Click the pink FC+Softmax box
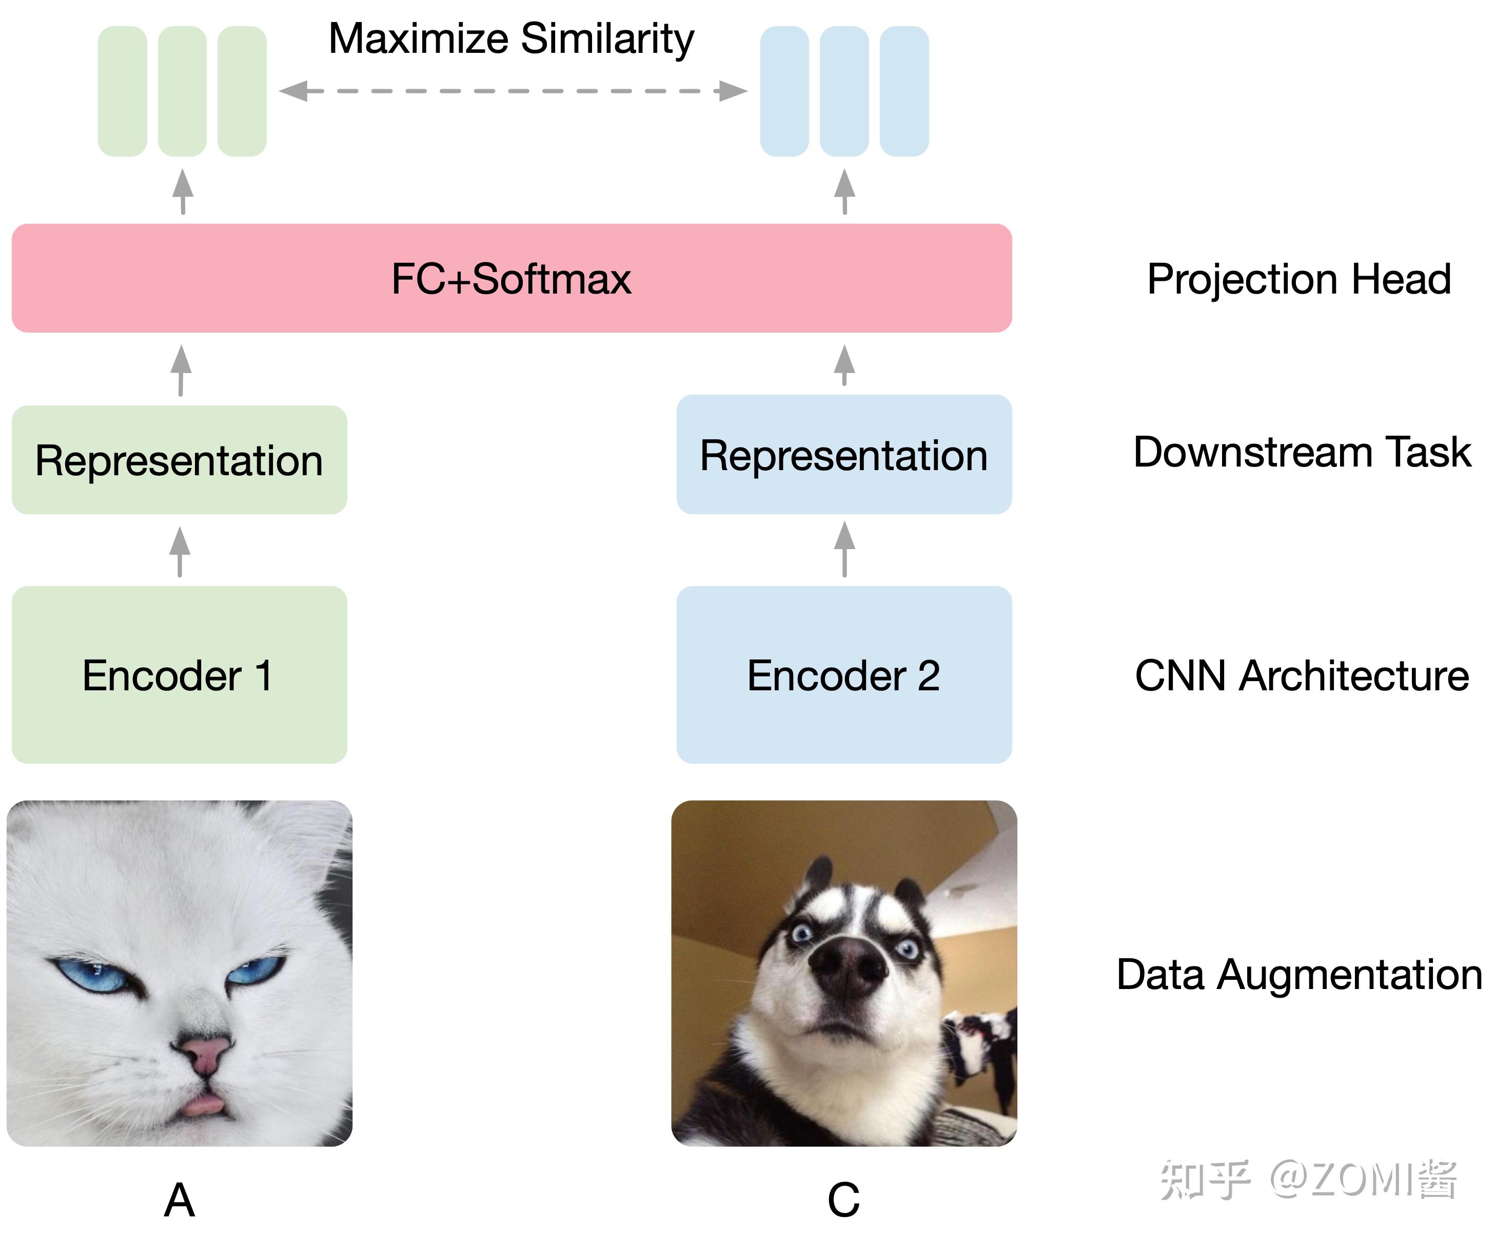[x=511, y=278]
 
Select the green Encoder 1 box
[x=179, y=674]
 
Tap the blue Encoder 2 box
[x=843, y=674]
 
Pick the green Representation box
[x=179, y=460]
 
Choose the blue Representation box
[x=843, y=455]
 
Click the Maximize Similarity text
[x=511, y=38]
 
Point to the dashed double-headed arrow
[x=513, y=91]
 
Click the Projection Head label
[x=1298, y=279]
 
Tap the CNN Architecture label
[x=1302, y=675]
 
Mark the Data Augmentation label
[x=1298, y=974]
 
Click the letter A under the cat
[x=179, y=1199]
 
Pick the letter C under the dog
[x=843, y=1199]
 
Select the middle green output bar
[x=182, y=91]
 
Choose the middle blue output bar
[x=844, y=91]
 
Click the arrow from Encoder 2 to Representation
[x=844, y=549]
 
